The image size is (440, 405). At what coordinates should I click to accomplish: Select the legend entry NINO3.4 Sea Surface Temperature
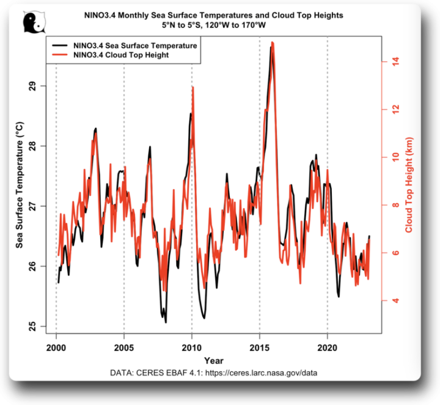tap(134, 45)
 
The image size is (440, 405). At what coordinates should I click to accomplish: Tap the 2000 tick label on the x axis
tap(56, 347)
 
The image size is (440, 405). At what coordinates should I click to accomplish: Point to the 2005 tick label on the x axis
tap(124, 347)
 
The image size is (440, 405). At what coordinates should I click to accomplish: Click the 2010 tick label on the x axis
tap(192, 347)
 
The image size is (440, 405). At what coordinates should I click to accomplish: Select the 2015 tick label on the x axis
tap(260, 347)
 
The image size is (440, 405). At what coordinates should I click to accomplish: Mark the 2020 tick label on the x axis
tap(328, 347)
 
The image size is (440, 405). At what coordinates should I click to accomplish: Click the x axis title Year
tap(214, 360)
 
